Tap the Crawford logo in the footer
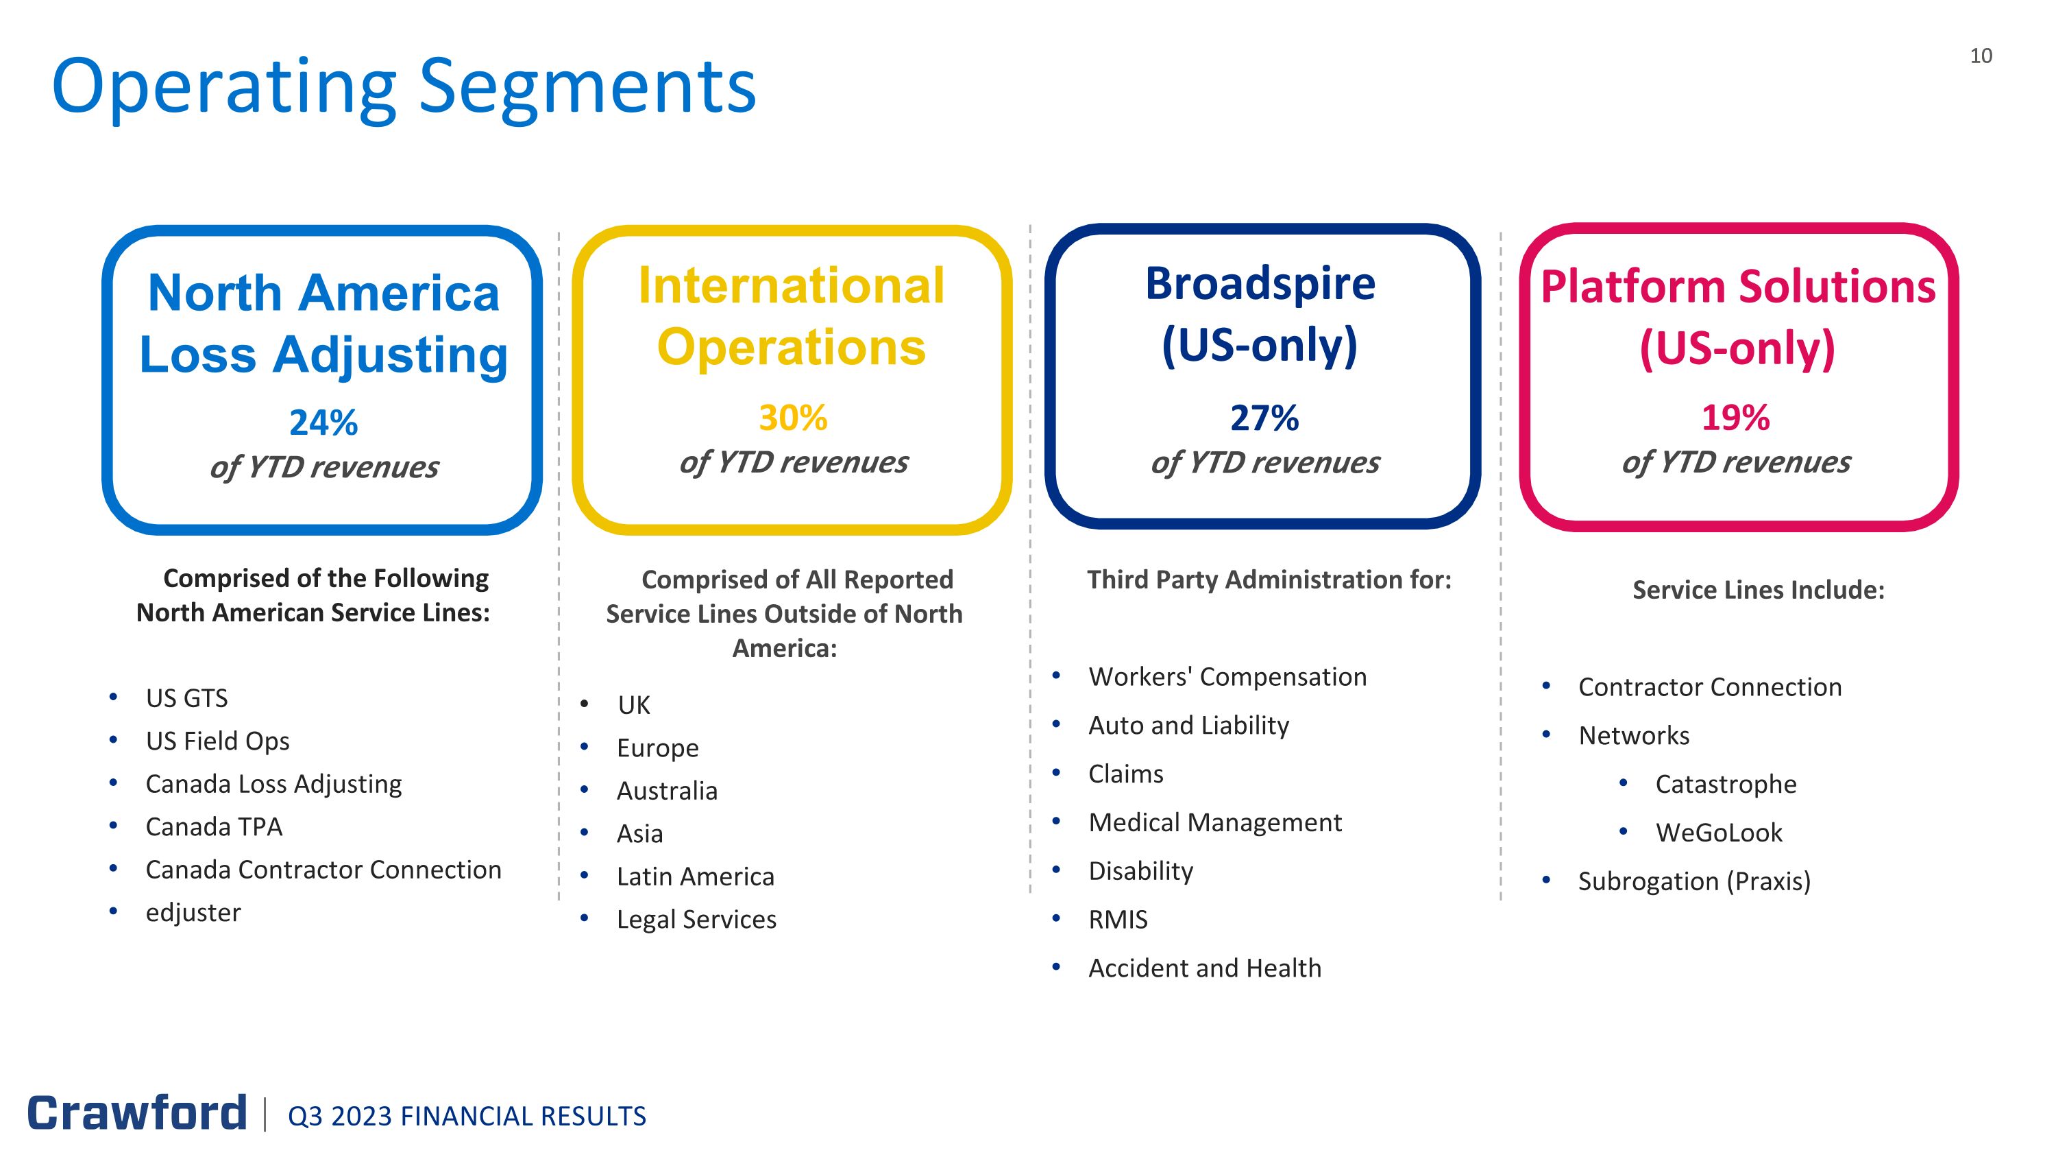click(137, 1113)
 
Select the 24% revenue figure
click(323, 422)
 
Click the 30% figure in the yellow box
click(792, 418)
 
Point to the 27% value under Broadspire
click(1264, 418)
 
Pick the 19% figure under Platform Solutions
click(1736, 418)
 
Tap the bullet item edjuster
click(193, 912)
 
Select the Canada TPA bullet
click(214, 826)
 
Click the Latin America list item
click(695, 876)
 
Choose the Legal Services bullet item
click(696, 919)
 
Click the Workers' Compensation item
click(1227, 676)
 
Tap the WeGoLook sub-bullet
click(1718, 832)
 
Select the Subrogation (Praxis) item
click(1693, 881)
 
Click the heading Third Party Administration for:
click(1269, 579)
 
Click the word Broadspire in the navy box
click(1260, 283)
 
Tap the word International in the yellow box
click(791, 286)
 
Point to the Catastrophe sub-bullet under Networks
click(1726, 783)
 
